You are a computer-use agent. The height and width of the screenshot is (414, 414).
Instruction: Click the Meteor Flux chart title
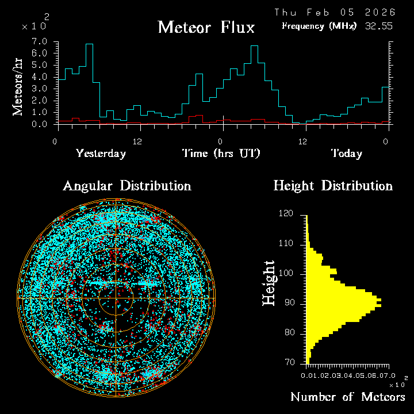pos(206,27)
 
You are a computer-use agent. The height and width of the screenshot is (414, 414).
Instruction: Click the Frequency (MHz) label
pos(319,26)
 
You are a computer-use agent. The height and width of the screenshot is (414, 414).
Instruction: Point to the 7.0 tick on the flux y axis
pos(39,42)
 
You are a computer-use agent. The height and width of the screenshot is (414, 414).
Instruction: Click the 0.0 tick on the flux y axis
pos(39,124)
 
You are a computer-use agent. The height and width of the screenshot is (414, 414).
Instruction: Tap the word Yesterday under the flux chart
pos(101,154)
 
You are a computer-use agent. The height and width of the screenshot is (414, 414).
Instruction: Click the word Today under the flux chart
pos(346,154)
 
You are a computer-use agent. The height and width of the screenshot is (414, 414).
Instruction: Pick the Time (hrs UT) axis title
pos(221,154)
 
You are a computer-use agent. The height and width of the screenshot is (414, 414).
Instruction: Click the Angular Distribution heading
pos(126,186)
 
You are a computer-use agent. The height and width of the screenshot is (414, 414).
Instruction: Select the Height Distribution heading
pos(333,186)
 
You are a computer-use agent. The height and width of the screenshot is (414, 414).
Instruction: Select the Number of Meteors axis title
pos(347,397)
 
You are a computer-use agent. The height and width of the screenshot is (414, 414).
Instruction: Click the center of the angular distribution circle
pos(116,298)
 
